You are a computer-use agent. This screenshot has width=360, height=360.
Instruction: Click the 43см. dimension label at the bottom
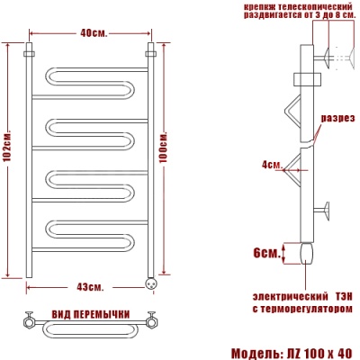coord(90,286)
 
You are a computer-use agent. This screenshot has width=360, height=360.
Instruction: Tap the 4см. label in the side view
coord(272,164)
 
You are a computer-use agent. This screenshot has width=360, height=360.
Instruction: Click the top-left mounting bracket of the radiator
coord(30,55)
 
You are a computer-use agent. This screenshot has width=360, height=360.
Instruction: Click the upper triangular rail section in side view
coord(292,112)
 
